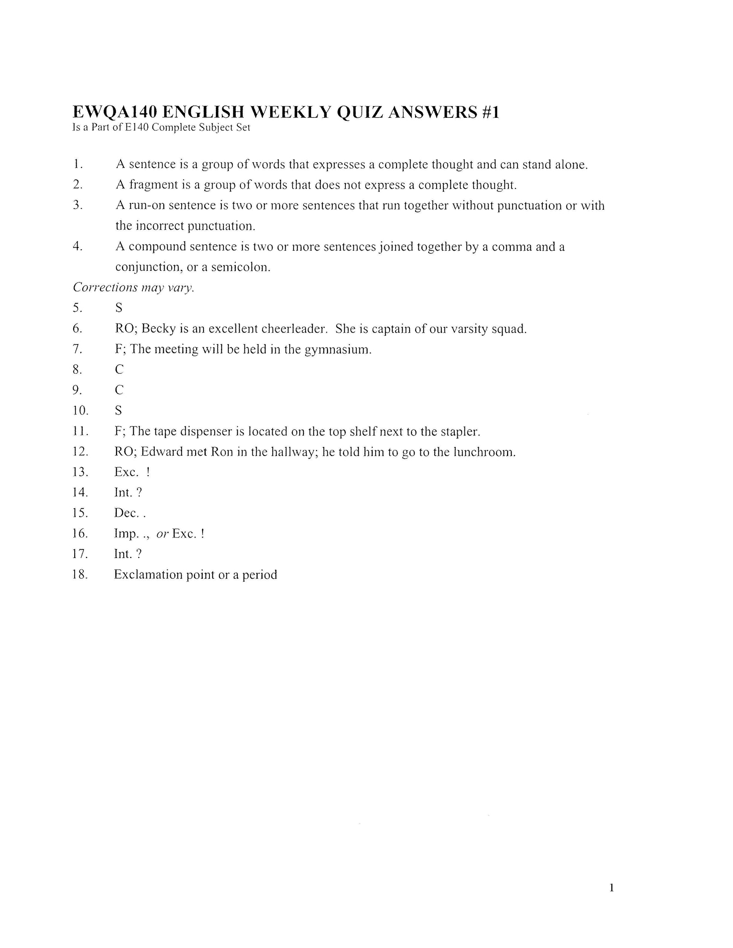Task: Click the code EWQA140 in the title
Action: pos(114,113)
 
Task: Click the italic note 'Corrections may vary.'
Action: pos(133,287)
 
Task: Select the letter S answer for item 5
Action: pos(119,308)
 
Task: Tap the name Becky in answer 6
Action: pos(159,329)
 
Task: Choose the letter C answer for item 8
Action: pos(119,369)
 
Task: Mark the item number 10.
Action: pos(80,411)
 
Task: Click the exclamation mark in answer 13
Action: pos(148,472)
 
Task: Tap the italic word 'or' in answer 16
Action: pos(162,534)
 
